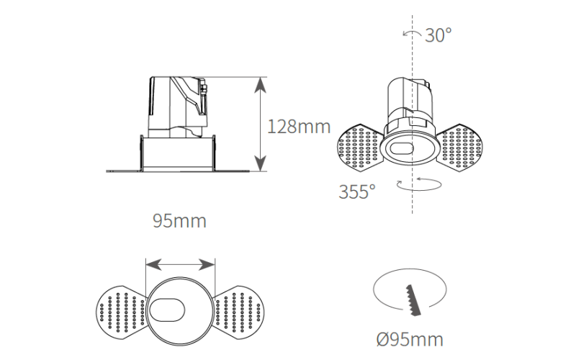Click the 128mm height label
(299, 127)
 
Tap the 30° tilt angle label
(438, 35)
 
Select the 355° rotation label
(357, 192)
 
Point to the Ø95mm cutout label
(410, 339)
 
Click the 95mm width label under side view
(179, 221)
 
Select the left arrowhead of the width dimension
(154, 264)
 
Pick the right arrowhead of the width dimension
(207, 264)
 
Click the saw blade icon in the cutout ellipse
(413, 300)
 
